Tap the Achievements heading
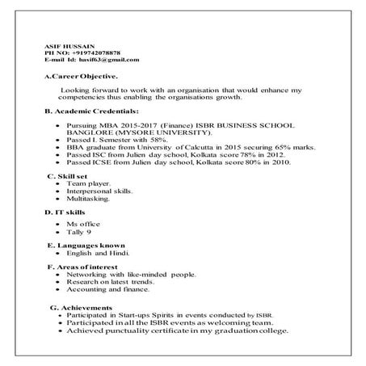pyautogui.click(x=82, y=308)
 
